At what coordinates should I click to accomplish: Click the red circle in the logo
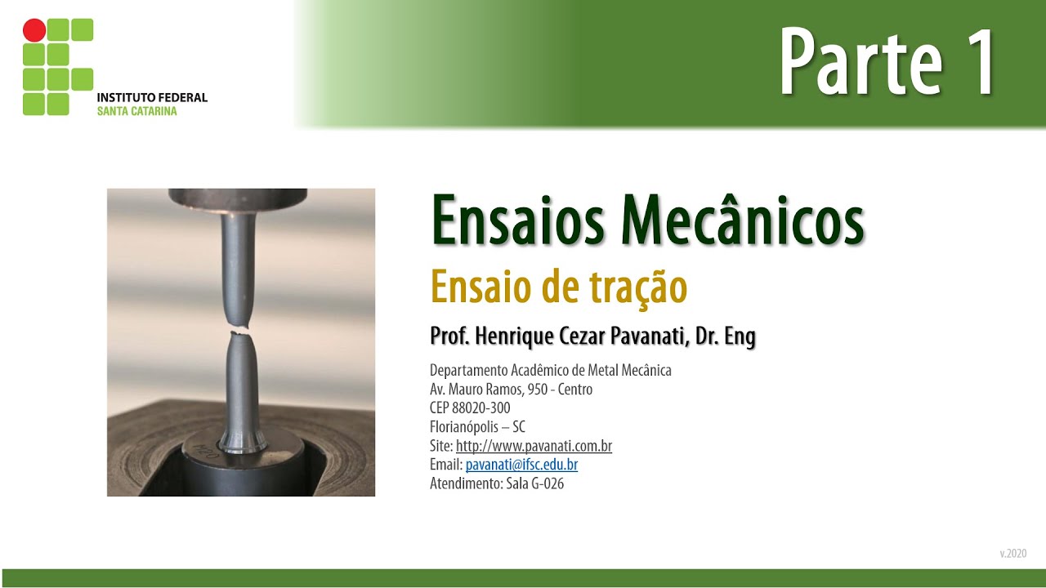[34, 31]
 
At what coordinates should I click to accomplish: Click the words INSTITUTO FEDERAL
[152, 97]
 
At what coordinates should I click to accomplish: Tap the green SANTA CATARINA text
[136, 111]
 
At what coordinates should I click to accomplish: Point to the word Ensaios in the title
[519, 220]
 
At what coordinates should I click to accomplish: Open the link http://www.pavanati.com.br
[534, 446]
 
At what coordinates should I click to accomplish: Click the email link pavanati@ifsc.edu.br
[521, 465]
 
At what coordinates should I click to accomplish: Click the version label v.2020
[1012, 554]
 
